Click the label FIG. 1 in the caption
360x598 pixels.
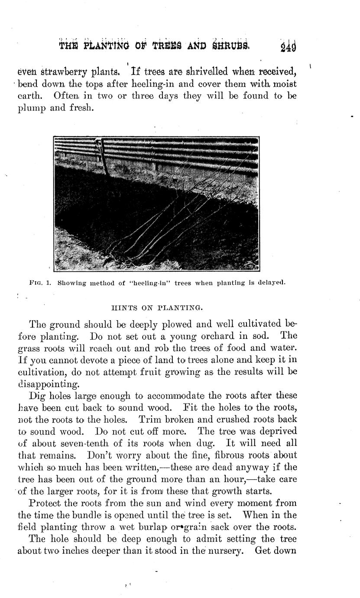[x=40, y=283]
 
